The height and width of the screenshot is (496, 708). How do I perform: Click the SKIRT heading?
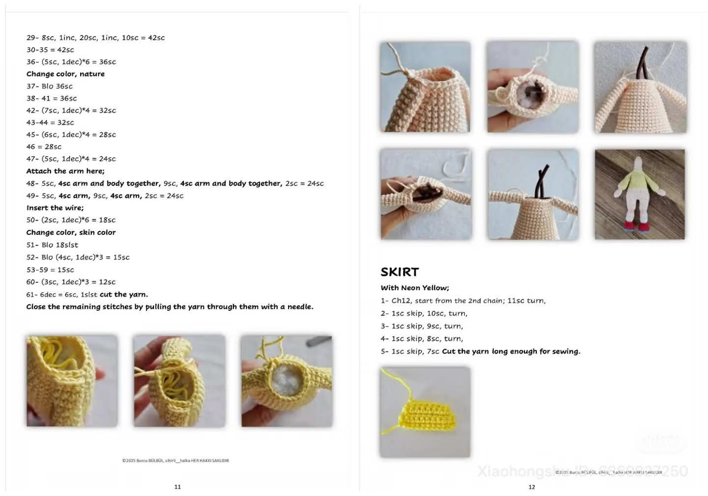point(399,272)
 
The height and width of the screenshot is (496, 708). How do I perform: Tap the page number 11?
point(177,487)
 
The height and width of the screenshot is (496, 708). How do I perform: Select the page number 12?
point(531,487)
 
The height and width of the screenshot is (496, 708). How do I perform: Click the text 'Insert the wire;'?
point(55,208)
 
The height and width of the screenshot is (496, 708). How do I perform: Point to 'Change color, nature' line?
point(65,74)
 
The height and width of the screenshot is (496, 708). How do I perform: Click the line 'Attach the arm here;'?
point(65,171)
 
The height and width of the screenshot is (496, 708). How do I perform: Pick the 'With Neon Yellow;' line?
point(414,288)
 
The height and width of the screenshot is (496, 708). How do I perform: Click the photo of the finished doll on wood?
point(639,194)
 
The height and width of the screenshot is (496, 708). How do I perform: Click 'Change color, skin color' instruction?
point(71,232)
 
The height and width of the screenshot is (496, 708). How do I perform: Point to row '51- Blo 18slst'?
point(52,245)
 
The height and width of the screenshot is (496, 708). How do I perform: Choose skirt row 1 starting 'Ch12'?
point(463,301)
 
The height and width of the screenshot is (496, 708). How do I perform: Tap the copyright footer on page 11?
point(176,461)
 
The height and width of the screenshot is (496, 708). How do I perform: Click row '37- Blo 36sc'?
point(49,86)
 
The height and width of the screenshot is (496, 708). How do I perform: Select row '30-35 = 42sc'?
point(50,50)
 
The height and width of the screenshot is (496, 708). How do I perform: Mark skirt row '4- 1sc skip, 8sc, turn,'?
point(421,338)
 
